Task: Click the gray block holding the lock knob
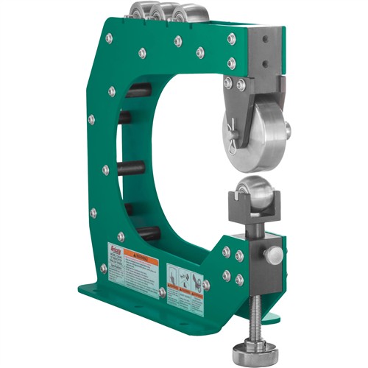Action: pyautogui.click(x=258, y=261)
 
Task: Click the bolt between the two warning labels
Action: pyautogui.click(x=161, y=293)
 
